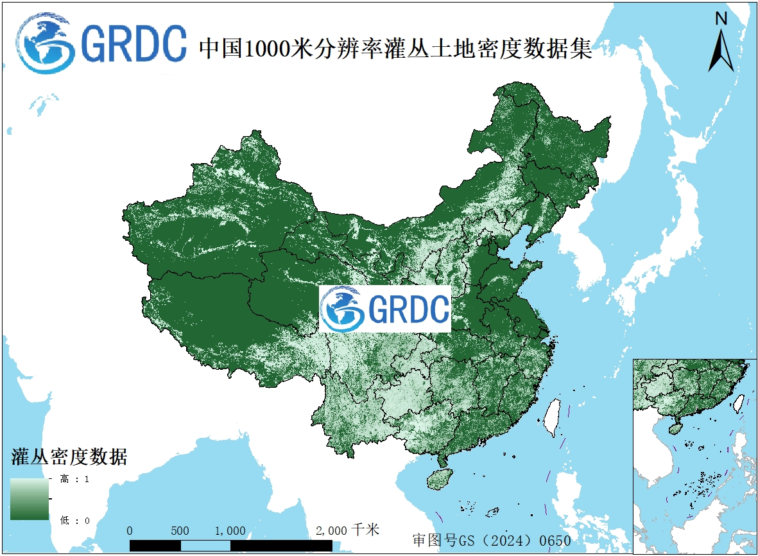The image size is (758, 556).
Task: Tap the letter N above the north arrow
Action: [721, 19]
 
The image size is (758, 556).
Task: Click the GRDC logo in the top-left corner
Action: [101, 44]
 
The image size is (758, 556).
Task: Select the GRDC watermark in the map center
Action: [385, 309]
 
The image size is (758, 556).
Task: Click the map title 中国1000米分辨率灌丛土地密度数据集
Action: [395, 48]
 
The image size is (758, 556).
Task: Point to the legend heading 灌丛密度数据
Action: [69, 457]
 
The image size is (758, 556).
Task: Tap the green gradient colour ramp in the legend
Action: [30, 499]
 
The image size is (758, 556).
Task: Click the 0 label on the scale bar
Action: [130, 531]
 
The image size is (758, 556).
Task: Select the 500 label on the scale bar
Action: [180, 531]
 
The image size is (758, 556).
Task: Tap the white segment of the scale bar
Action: [205, 545]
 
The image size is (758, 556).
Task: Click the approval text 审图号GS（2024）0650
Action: [491, 540]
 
